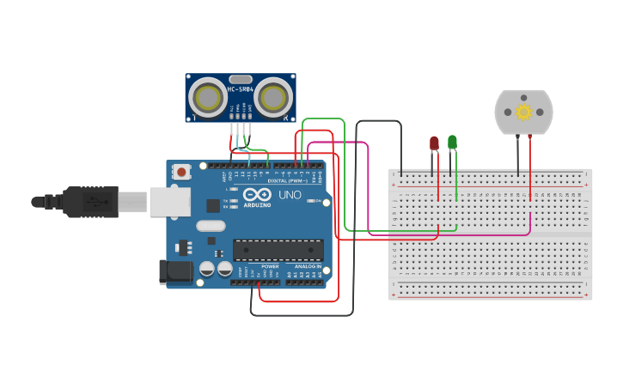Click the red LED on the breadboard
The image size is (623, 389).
434,143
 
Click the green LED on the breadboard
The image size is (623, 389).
452,142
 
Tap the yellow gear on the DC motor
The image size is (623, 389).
523,112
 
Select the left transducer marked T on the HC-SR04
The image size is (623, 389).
207,95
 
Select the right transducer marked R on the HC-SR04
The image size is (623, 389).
272,95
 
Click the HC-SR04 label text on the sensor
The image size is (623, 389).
240,89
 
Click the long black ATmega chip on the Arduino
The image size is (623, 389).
278,250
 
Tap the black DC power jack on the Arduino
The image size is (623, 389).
175,271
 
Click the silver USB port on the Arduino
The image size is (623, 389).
170,202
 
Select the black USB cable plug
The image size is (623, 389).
89,202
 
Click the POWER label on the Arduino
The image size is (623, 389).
270,266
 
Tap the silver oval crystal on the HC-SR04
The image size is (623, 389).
240,79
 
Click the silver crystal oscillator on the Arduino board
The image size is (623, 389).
211,227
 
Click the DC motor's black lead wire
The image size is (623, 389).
517,155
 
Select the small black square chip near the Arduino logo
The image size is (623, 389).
212,205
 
